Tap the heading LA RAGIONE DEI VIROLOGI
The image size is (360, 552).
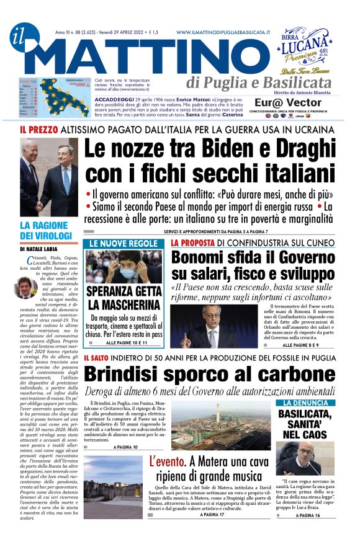46,230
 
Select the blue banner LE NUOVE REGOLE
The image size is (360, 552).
125,243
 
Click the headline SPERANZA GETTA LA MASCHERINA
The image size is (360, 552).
125,298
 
